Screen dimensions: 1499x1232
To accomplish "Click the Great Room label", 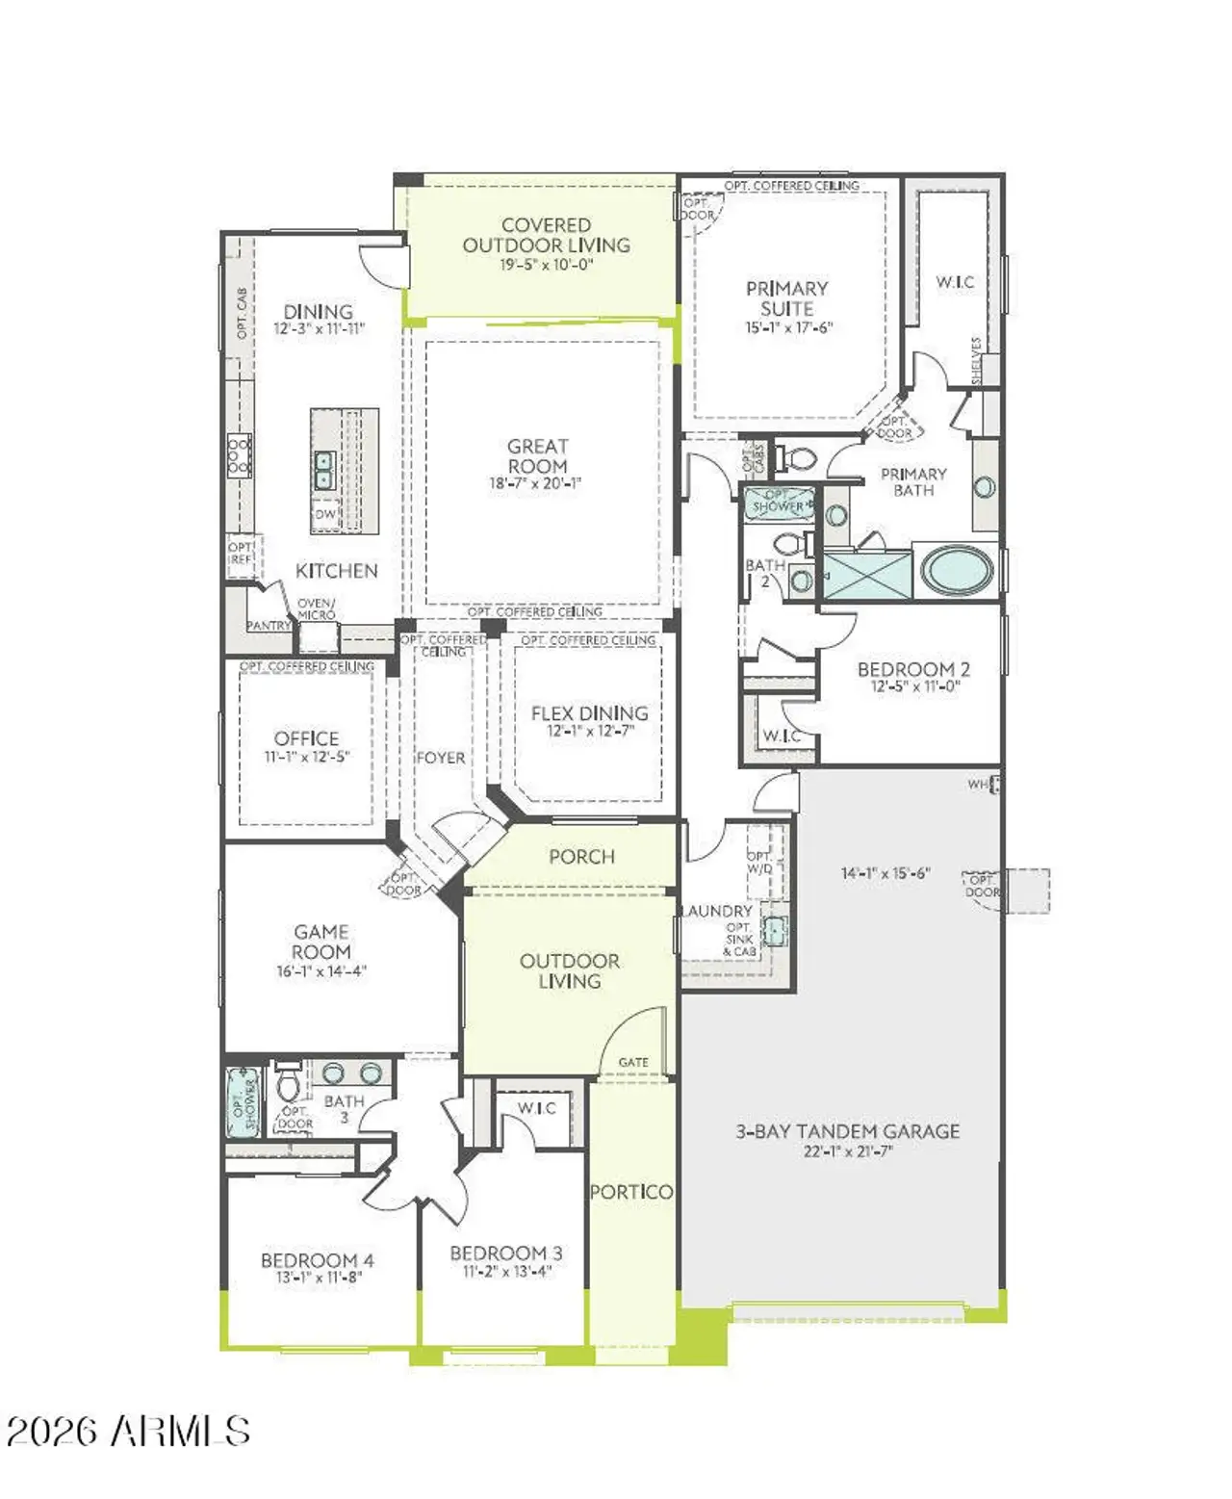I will point(537,456).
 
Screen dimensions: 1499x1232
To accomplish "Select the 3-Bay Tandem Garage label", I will point(847,1131).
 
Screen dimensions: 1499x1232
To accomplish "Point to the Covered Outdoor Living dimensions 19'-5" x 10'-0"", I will point(546,265).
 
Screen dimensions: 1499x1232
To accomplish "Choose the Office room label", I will point(306,738).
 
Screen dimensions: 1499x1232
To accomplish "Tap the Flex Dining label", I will point(589,713).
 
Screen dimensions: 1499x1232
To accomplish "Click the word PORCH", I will point(581,856).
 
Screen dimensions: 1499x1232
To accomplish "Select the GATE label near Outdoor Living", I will point(632,1062).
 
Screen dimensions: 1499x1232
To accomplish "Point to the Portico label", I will point(630,1191).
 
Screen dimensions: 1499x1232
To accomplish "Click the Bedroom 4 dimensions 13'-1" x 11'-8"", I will point(317,1279).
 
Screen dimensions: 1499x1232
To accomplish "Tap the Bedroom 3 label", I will point(505,1253).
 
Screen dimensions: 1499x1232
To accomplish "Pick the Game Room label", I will point(321,942).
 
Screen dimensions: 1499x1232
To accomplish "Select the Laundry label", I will point(717,911).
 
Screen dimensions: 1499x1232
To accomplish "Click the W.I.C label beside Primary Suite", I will point(955,282).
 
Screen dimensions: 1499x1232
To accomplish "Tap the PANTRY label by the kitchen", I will point(269,626).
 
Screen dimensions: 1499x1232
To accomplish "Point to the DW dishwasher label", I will point(324,515).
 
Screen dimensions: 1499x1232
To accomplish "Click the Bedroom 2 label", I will point(912,669).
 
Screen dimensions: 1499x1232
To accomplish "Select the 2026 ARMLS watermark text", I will point(128,1432).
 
